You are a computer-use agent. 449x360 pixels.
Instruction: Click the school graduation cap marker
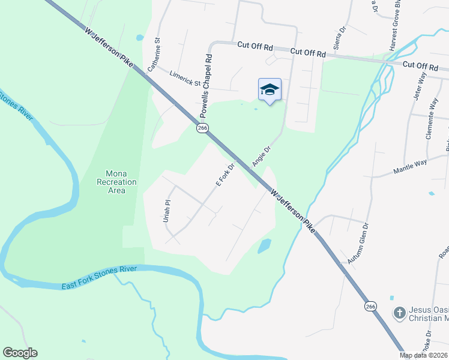coord(270,90)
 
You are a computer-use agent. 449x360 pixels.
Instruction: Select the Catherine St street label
coord(155,55)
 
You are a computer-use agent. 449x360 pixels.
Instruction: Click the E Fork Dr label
coord(224,174)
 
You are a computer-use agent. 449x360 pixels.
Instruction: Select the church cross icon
coord(399,312)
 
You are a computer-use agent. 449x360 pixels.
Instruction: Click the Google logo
coord(20,353)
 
